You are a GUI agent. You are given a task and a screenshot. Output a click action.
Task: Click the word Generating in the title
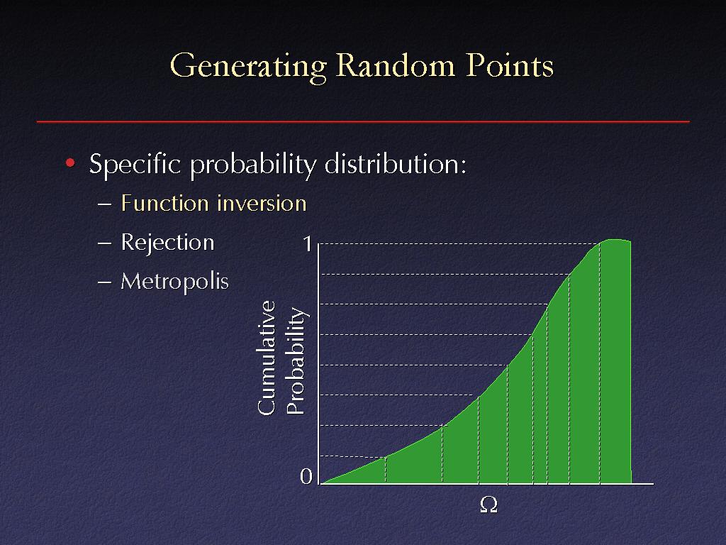[x=249, y=67]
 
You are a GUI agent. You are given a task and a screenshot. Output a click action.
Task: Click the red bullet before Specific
[x=70, y=163]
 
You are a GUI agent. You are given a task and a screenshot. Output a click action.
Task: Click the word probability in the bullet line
[x=253, y=165]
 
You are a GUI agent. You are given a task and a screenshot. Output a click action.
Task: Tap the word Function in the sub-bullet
[x=164, y=203]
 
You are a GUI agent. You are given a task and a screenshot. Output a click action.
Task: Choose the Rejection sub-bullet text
[x=167, y=243]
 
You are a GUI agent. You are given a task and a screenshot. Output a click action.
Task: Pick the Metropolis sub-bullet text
[x=174, y=281]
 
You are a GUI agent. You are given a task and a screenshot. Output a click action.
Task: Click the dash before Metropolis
[x=105, y=282]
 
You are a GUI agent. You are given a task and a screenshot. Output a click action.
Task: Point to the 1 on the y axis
[x=307, y=243]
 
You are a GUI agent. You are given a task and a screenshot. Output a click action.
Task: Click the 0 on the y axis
[x=306, y=476]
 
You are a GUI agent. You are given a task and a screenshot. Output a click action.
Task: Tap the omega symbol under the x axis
[x=488, y=505]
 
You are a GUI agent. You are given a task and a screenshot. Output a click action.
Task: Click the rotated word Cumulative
[x=267, y=358]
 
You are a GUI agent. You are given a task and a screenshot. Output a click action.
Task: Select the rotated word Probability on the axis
[x=296, y=360]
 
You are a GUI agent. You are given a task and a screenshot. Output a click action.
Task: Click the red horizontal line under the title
[x=363, y=121]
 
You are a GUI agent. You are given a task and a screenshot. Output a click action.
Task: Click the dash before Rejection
[x=105, y=243]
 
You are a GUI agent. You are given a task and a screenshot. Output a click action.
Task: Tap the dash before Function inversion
[x=105, y=204]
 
